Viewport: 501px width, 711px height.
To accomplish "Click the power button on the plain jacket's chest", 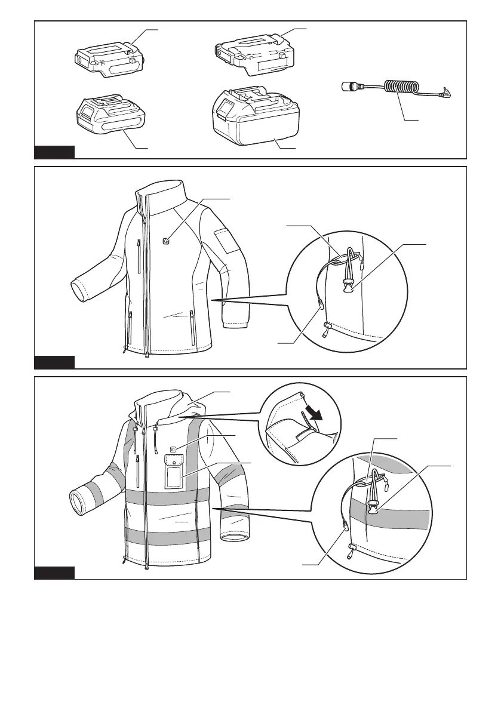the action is click(167, 241).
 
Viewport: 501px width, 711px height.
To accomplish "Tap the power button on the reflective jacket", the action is click(173, 449).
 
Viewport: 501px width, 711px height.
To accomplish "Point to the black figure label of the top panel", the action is click(54, 152).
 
